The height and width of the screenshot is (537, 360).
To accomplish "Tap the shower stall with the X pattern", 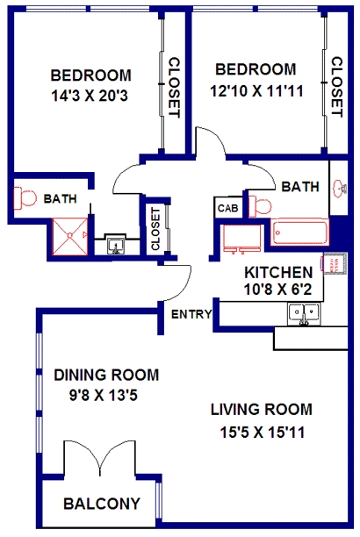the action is click(70, 237).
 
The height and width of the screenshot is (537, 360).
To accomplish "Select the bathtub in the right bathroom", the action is click(300, 233).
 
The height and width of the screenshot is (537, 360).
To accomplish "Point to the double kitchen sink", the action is click(304, 314).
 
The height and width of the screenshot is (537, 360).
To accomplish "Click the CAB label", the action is click(227, 208).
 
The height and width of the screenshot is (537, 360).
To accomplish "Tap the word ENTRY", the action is click(191, 314).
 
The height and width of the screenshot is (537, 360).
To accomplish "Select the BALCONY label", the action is click(102, 504).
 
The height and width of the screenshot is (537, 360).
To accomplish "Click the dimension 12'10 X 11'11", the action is click(256, 91).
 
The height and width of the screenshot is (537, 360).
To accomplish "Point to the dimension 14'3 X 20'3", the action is click(90, 96).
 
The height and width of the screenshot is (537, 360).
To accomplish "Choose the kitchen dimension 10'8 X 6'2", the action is click(277, 290).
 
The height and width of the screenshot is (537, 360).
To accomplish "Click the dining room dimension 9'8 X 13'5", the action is click(104, 396).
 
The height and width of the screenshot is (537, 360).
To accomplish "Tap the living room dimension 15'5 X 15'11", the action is click(263, 433).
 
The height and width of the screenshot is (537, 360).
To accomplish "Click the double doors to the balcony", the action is click(100, 458).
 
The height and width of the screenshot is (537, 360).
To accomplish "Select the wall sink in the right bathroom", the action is click(339, 188).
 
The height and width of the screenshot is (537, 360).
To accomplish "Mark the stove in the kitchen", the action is click(241, 239).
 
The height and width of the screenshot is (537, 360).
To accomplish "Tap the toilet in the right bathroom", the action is click(260, 206).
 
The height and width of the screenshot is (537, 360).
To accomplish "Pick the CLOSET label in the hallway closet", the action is click(155, 229).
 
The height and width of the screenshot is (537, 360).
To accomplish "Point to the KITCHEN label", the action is click(278, 273).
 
